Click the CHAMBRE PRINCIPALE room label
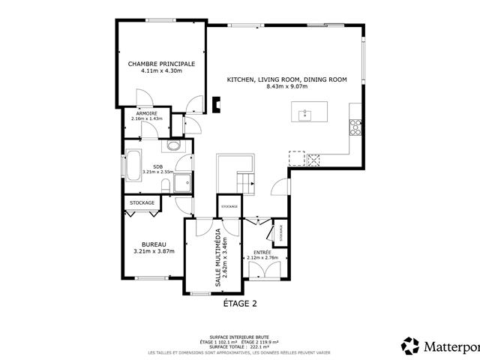(161, 64)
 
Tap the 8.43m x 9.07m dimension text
(286, 86)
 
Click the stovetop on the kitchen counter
(354, 128)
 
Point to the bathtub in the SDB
(133, 166)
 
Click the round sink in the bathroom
(174, 147)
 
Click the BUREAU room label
(153, 244)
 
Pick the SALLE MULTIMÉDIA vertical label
(218, 256)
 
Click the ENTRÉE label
(262, 252)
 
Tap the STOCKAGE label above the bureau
(142, 203)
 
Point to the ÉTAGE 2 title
(240, 304)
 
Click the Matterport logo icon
(410, 346)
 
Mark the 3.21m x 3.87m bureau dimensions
(153, 251)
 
